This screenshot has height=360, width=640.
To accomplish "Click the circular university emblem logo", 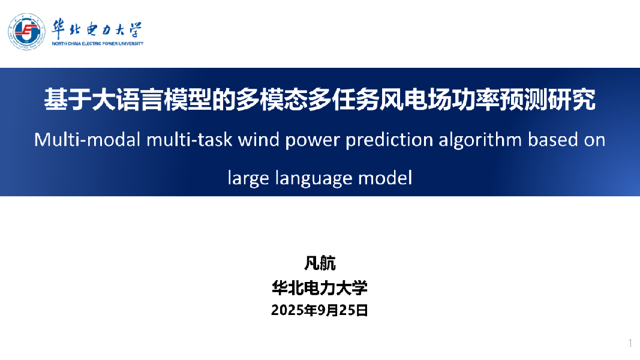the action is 26,31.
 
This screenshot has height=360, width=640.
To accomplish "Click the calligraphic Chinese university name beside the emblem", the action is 97,29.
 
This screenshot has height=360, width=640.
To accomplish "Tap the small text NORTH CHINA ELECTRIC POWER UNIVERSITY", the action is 98,44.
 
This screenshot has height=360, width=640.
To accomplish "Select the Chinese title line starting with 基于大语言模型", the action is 320,100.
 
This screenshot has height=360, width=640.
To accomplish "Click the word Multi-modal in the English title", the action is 88,140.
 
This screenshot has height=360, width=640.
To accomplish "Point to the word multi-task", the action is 190,140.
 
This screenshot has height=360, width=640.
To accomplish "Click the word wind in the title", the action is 259,140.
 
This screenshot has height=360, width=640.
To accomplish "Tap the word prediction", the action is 389,140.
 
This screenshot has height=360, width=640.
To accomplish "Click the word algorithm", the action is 480,140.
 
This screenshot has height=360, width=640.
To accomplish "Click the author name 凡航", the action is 320,263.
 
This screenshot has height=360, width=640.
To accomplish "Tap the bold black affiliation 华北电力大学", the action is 320,288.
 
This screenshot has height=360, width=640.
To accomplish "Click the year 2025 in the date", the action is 287,311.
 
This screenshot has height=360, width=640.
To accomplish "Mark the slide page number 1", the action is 630,343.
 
